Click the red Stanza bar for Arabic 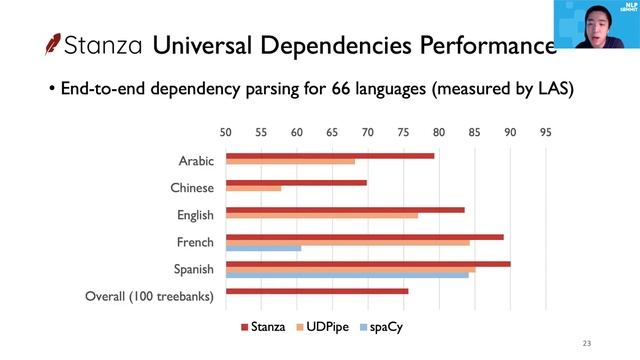(x=330, y=155)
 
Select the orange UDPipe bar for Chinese (x=253, y=188)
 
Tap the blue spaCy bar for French (x=263, y=247)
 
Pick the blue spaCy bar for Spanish (x=347, y=274)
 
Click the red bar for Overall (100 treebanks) (x=317, y=291)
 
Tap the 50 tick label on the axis (x=226, y=132)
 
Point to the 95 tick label (x=545, y=132)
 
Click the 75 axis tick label (x=403, y=132)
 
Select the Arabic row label (x=196, y=161)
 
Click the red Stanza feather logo (x=52, y=45)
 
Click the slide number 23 (x=587, y=344)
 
